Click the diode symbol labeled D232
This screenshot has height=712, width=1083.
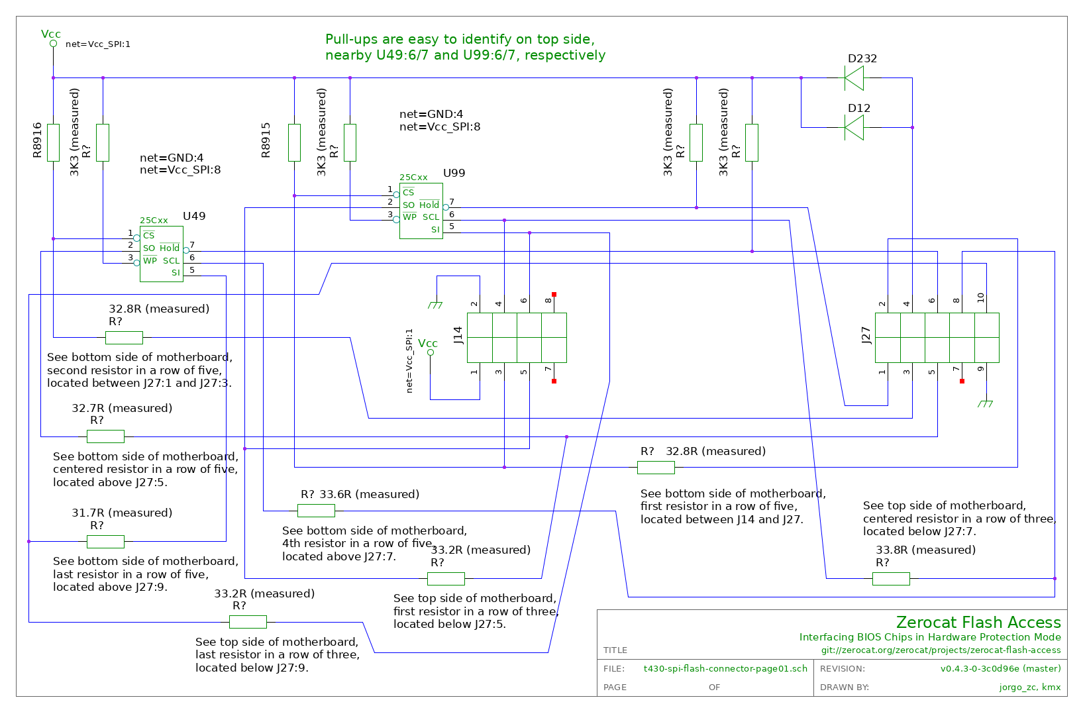(854, 77)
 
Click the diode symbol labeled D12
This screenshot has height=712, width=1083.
(854, 128)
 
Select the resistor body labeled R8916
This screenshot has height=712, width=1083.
(53, 142)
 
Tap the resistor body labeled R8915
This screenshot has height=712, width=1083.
(295, 142)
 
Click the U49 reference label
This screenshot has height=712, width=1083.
(194, 216)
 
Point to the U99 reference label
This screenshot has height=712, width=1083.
(454, 173)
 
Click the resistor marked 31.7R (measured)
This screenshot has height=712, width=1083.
(105, 542)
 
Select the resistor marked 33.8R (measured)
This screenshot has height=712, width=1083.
(891, 579)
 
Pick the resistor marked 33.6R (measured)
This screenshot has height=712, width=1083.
(316, 511)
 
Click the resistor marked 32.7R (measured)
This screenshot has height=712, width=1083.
(105, 436)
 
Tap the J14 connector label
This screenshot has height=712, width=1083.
(458, 335)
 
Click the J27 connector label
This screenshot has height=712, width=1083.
(866, 335)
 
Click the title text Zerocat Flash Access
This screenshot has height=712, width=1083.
(978, 622)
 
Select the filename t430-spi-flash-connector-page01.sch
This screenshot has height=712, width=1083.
(725, 668)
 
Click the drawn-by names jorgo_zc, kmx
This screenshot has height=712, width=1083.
(1030, 687)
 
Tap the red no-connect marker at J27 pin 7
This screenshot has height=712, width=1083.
(962, 381)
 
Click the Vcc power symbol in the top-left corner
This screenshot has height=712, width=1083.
(53, 44)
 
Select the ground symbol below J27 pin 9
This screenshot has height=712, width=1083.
(986, 404)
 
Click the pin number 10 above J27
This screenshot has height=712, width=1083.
(980, 298)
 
